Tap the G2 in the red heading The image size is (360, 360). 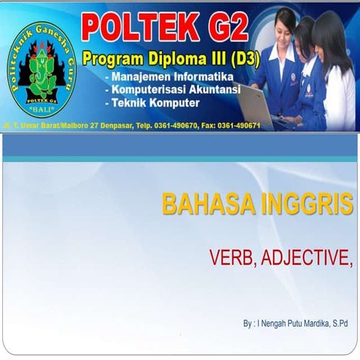[220, 28]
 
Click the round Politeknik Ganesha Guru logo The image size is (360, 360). [43, 71]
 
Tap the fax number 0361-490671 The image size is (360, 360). [235, 126]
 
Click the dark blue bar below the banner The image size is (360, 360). [180, 147]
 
